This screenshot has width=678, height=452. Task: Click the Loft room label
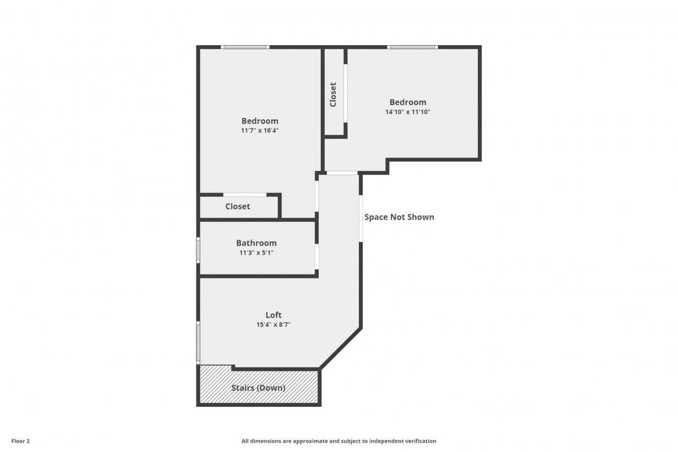273,315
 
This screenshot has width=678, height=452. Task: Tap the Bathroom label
256,243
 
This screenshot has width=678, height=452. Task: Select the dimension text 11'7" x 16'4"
260,130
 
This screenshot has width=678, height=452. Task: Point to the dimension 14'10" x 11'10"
408,112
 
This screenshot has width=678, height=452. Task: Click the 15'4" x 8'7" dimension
273,325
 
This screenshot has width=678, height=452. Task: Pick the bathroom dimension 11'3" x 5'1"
256,252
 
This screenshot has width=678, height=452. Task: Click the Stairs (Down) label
259,388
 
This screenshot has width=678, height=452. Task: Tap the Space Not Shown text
399,217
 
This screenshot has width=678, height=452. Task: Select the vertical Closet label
333,95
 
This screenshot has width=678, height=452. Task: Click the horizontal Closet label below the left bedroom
237,207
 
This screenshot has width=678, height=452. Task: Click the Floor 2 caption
20,441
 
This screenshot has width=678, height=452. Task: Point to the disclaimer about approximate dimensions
338,441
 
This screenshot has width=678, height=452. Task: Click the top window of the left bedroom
245,47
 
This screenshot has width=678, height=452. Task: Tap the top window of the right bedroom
412,47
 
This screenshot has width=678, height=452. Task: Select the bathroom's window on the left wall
198,250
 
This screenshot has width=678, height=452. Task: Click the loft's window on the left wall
198,342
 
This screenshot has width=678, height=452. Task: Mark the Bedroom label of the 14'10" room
408,102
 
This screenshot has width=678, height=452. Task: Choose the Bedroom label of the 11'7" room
260,121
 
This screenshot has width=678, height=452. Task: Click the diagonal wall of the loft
341,348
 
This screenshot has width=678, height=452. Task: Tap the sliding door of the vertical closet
345,94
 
